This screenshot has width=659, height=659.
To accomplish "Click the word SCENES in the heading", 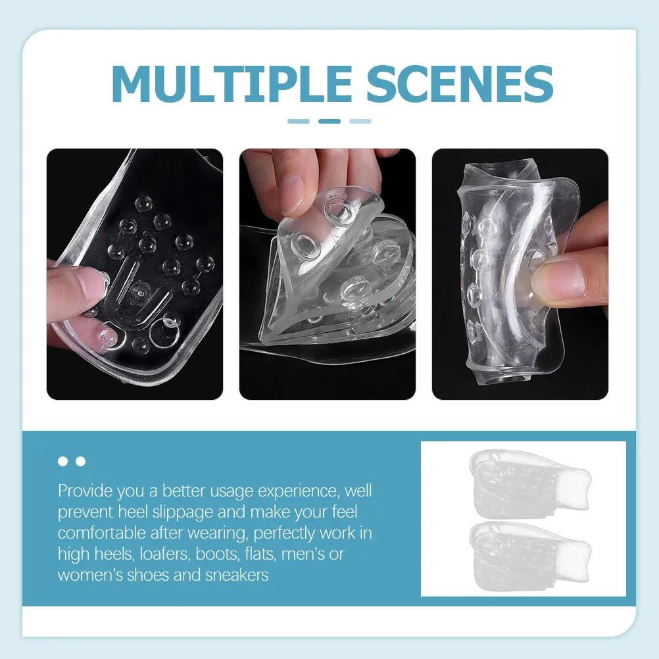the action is pyautogui.click(x=460, y=84).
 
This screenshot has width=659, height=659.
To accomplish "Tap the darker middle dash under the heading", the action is pyautogui.click(x=329, y=122).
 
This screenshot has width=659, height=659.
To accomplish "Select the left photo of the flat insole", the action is pyautogui.click(x=134, y=274).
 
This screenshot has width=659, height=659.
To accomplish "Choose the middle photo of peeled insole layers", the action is pyautogui.click(x=328, y=274).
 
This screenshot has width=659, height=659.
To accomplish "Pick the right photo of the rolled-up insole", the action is pyautogui.click(x=520, y=274).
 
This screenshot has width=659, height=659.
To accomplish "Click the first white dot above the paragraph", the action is pyautogui.click(x=62, y=462).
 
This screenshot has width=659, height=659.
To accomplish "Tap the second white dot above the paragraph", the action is pyautogui.click(x=81, y=462).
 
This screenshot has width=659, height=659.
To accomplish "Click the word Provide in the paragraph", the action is pyautogui.click(x=85, y=491).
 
